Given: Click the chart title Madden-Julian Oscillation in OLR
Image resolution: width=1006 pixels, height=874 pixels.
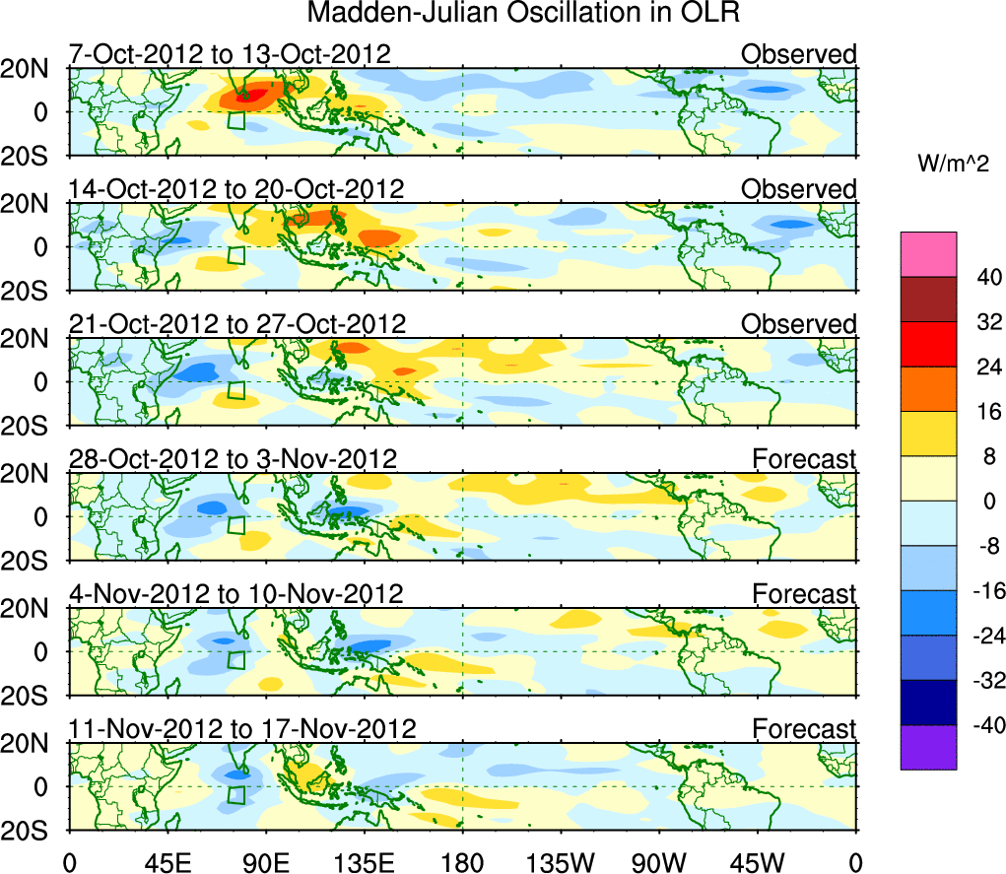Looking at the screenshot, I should pyautogui.click(x=523, y=14).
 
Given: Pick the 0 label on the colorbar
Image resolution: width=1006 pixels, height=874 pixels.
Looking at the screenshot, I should pyautogui.click(x=988, y=502).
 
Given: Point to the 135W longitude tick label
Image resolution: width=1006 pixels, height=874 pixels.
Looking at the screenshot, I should pyautogui.click(x=561, y=859).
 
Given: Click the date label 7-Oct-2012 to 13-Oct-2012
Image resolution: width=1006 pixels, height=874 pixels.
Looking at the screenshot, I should pyautogui.click(x=230, y=53).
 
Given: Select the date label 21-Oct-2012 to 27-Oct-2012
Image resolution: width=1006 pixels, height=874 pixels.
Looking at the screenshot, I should pyautogui.click(x=236, y=323).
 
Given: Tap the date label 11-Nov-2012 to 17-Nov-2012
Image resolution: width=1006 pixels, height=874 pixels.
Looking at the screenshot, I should pyautogui.click(x=241, y=728).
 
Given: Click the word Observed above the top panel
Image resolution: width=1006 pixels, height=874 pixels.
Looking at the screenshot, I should pyautogui.click(x=799, y=53).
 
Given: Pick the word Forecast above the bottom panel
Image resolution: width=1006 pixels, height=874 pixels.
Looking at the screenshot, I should pyautogui.click(x=804, y=728).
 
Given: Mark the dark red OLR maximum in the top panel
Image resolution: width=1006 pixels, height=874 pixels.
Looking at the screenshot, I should pyautogui.click(x=258, y=95).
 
